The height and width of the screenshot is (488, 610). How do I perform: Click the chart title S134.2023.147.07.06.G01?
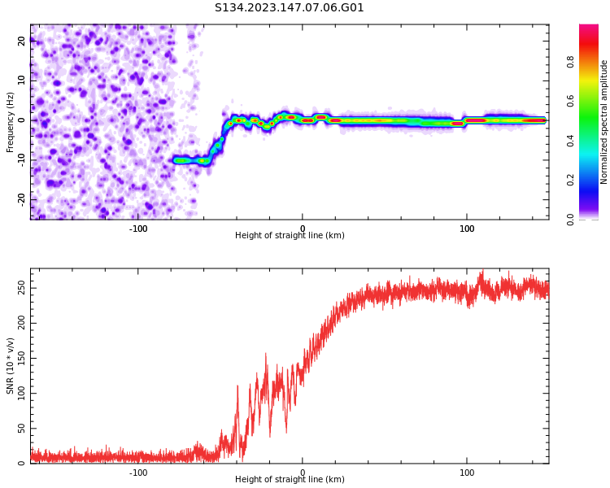tap(289, 8)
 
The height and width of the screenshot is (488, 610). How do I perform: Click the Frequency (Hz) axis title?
tap(11, 122)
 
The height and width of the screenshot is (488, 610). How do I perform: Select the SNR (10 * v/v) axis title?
tap(11, 366)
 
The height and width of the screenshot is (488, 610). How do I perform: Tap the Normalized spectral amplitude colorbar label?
tap(604, 122)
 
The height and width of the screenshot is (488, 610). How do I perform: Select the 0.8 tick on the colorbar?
tap(594, 61)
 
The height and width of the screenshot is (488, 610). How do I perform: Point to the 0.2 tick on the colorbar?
tap(594, 180)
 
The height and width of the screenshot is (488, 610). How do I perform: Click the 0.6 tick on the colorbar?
tap(594, 101)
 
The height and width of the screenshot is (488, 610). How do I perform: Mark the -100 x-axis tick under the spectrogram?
tap(138, 229)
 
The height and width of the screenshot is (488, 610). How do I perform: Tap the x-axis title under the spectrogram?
tap(290, 236)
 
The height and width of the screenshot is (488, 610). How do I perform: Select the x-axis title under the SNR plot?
tap(290, 480)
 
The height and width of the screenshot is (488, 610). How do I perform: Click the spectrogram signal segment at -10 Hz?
tap(192, 160)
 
